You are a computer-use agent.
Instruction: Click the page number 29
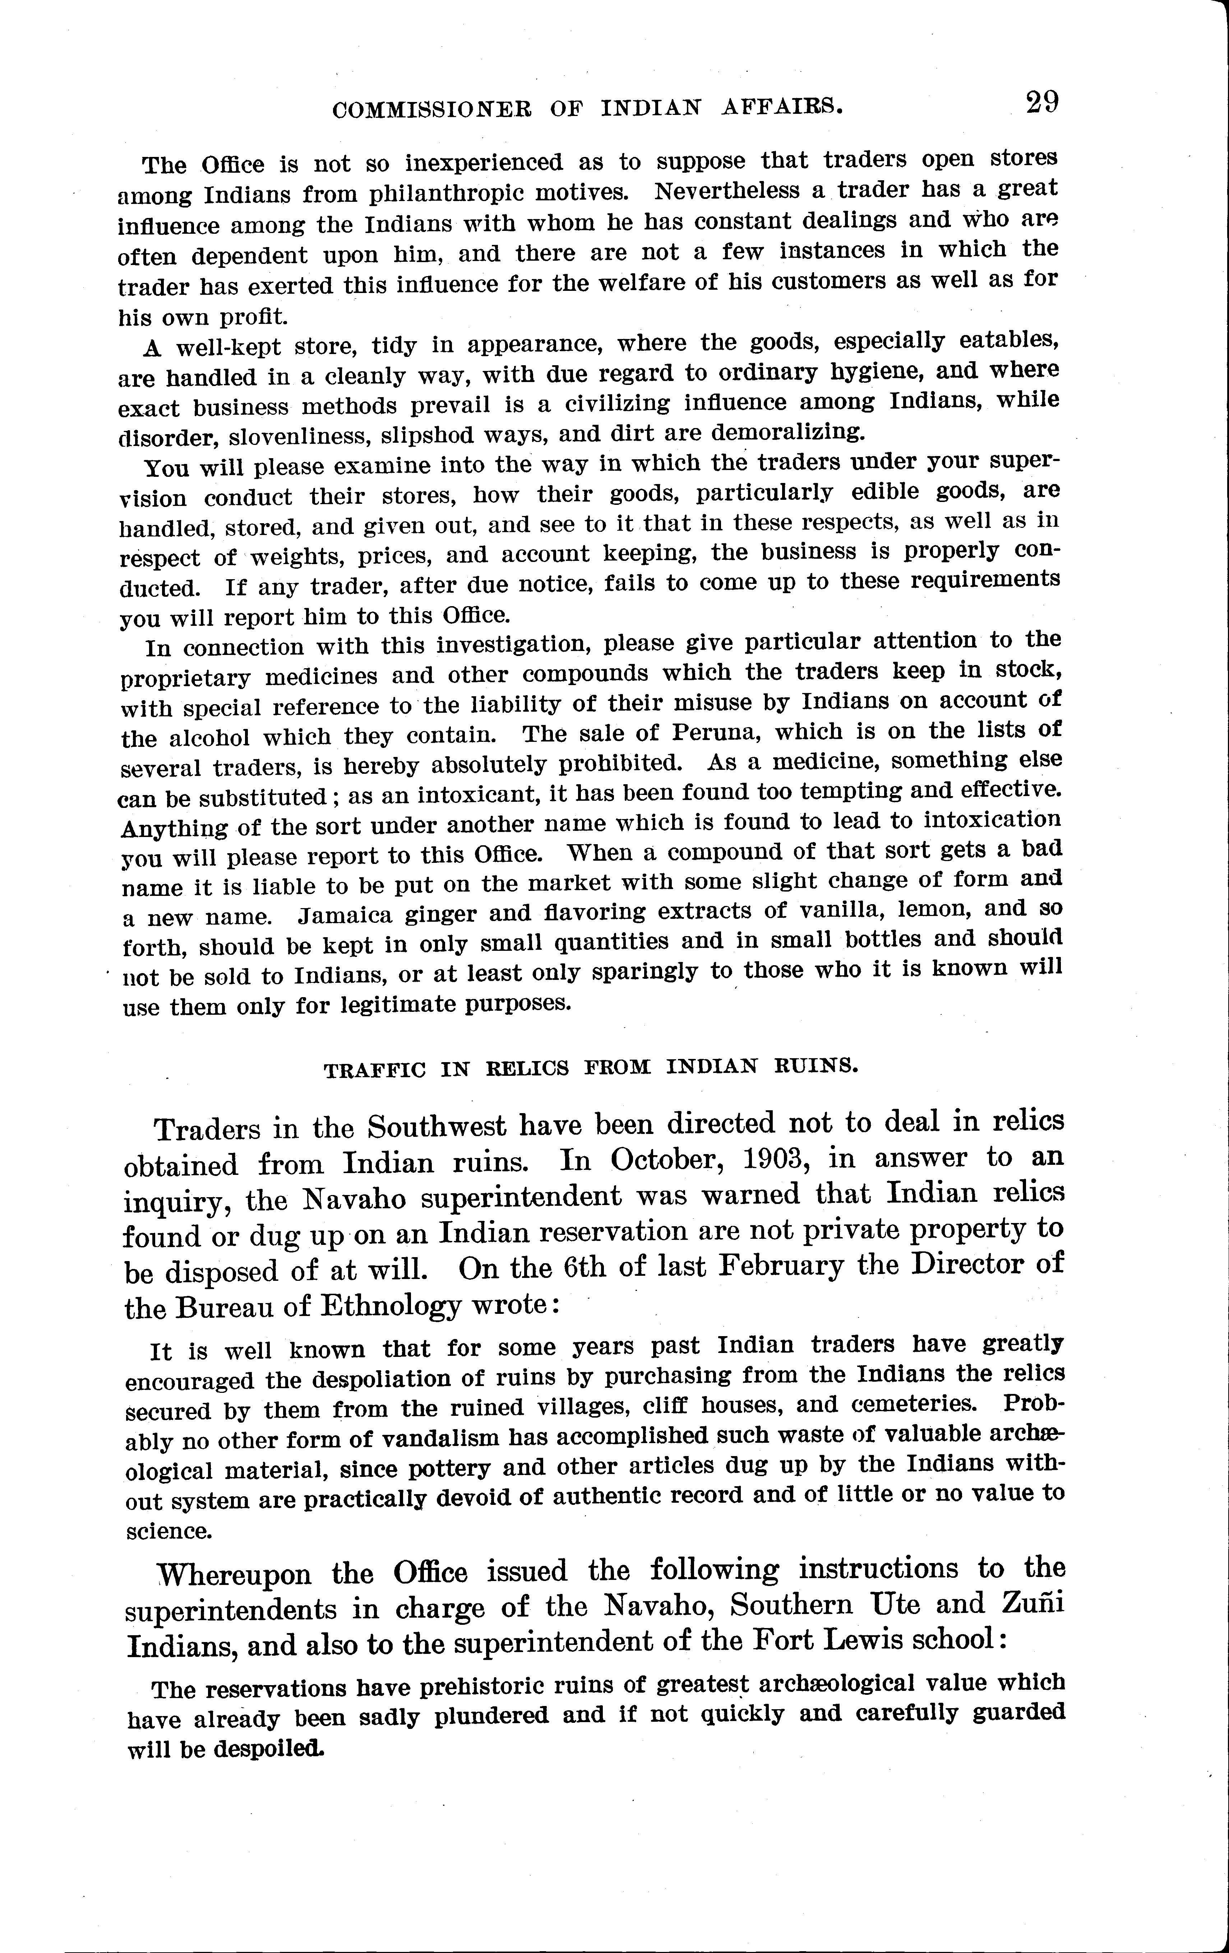tap(1041, 103)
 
